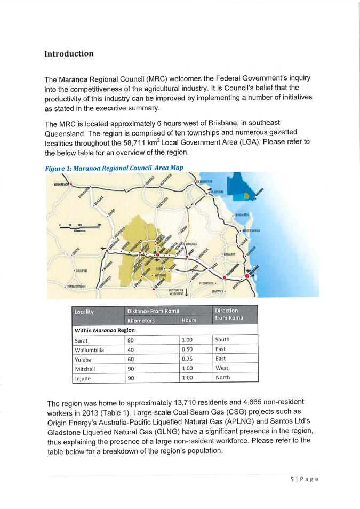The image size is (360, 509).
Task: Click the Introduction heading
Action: click(69, 54)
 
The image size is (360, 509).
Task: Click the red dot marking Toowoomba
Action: click(224, 276)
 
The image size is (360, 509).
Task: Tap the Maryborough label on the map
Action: click(254, 230)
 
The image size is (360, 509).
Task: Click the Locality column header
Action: click(85, 311)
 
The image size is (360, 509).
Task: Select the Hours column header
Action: click(189, 320)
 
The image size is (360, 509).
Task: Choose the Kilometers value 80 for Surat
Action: click(131, 340)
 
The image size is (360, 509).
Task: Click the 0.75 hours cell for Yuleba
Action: click(187, 359)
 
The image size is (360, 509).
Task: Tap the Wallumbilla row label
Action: click(90, 349)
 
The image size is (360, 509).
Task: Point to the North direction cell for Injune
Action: click(223, 377)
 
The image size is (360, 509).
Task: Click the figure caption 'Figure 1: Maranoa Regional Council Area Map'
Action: click(114, 168)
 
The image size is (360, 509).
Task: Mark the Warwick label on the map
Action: click(219, 291)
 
